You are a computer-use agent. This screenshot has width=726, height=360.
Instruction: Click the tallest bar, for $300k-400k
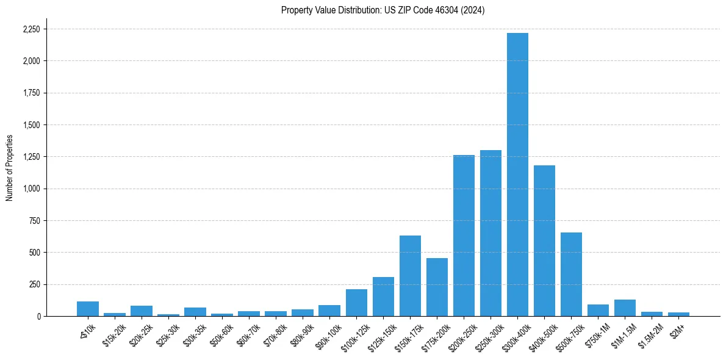tap(517, 175)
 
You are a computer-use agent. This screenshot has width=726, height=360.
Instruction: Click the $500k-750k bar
tap(571, 274)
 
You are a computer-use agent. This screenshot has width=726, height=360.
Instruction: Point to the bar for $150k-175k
tap(410, 276)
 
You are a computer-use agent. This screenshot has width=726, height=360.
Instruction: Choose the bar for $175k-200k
tap(437, 287)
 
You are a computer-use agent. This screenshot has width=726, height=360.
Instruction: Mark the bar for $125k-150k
tap(383, 297)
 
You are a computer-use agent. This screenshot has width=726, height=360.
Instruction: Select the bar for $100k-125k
tap(356, 303)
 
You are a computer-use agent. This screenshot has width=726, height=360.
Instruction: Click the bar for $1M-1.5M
tap(625, 308)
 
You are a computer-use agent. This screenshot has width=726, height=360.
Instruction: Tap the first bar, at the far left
tap(88, 309)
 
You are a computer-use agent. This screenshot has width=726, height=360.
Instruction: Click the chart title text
tap(383, 10)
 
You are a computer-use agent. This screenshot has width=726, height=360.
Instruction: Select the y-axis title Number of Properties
tap(10, 168)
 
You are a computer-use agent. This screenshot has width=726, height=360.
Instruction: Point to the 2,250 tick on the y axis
tap(31, 29)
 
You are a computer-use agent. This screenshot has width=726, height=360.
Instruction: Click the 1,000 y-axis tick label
tap(31, 189)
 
